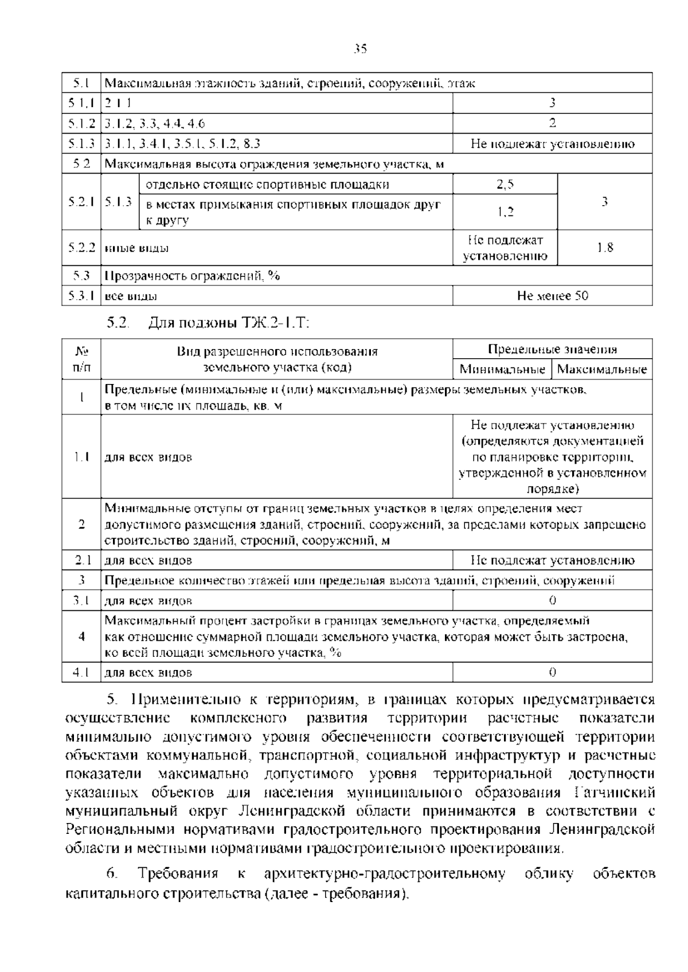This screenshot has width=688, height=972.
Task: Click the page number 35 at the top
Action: [360, 49]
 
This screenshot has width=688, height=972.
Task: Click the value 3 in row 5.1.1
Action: [552, 103]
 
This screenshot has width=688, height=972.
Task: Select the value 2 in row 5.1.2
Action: [552, 123]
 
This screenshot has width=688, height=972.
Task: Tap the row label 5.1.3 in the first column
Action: [81, 144]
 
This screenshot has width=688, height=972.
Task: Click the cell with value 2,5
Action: [505, 185]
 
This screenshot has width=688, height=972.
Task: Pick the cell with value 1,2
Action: [505, 212]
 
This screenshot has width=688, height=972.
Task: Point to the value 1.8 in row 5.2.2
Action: [605, 248]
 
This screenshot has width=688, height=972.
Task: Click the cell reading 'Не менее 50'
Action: [552, 296]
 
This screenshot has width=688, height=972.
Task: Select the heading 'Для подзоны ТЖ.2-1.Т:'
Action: [229, 323]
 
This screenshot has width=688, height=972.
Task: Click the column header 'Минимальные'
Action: [502, 369]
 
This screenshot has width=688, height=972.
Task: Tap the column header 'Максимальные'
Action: [602, 369]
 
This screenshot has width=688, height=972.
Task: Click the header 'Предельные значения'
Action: [552, 350]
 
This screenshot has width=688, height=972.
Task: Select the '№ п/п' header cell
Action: [81, 359]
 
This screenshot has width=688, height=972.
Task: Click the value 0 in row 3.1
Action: [552, 601]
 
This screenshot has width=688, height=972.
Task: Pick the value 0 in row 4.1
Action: [552, 672]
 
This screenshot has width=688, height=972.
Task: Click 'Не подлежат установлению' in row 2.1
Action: [552, 560]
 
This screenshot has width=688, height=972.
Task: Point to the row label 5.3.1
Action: [81, 296]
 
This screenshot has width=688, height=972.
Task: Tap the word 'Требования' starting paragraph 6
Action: [178, 873]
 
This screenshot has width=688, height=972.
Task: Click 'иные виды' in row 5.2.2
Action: [137, 248]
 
